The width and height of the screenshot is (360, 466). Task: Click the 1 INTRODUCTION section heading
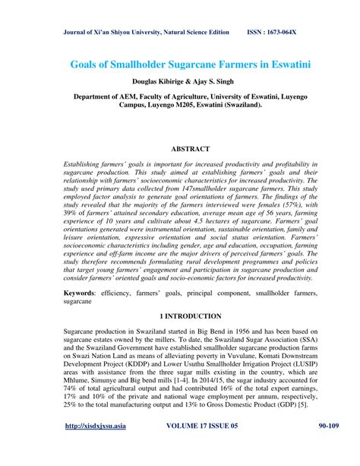coord(180,315)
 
